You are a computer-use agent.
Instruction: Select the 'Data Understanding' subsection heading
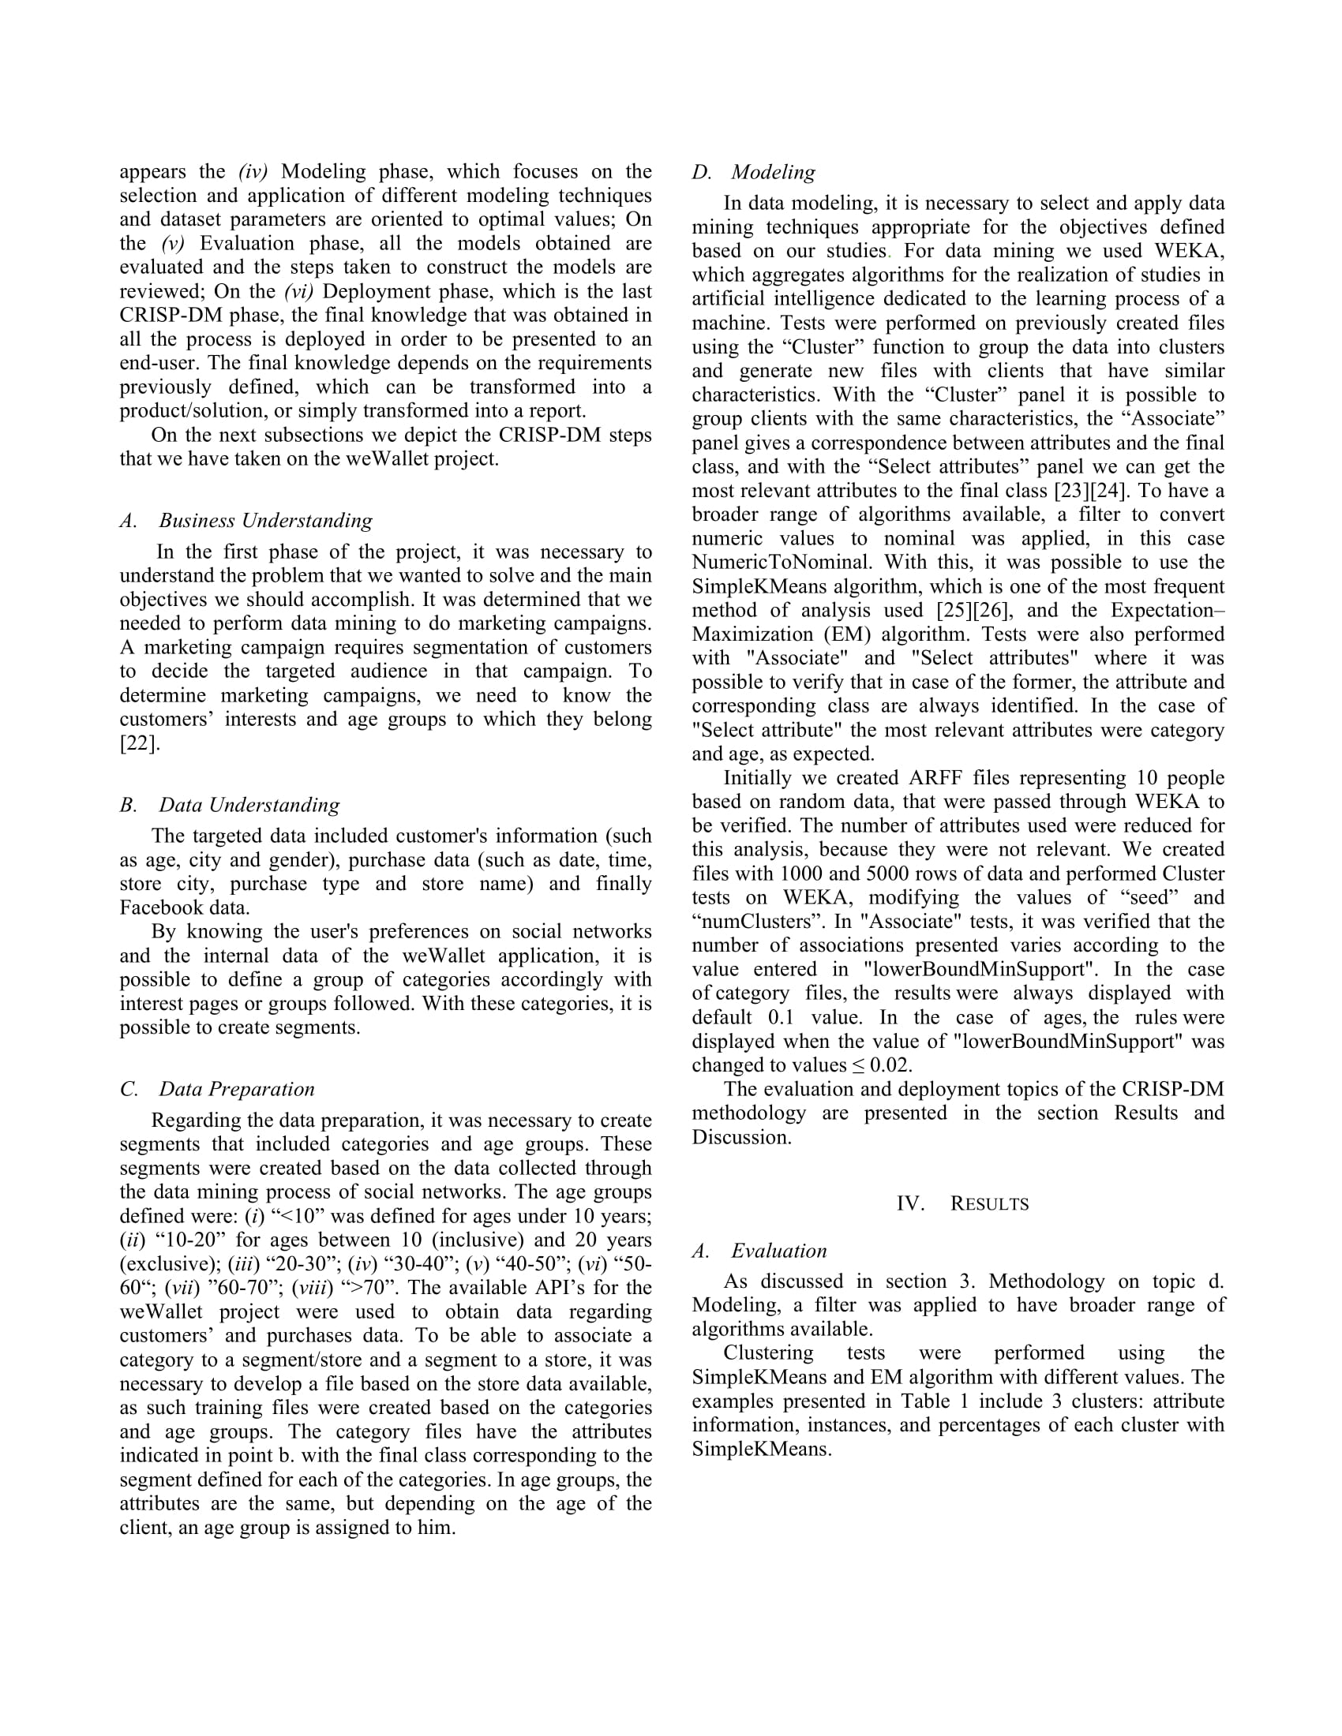pos(249,804)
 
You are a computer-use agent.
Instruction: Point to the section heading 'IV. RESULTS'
pos(962,1203)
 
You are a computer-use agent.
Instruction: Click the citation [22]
pos(140,743)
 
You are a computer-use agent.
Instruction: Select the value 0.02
pos(891,1066)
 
